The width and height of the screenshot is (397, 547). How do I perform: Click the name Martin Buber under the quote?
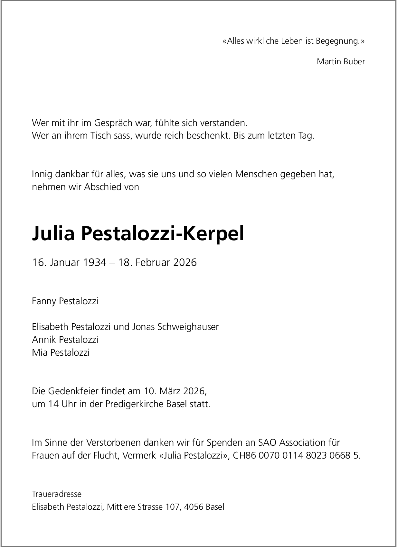pyautogui.click(x=341, y=61)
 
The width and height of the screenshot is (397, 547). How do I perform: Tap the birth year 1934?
pyautogui.click(x=95, y=262)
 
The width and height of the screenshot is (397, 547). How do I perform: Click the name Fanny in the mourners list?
pyautogui.click(x=44, y=301)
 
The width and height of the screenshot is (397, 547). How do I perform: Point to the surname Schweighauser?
pyautogui.click(x=188, y=327)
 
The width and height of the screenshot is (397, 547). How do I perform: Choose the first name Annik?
pyautogui.click(x=44, y=340)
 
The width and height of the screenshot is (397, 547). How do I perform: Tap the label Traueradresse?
pyautogui.click(x=57, y=494)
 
